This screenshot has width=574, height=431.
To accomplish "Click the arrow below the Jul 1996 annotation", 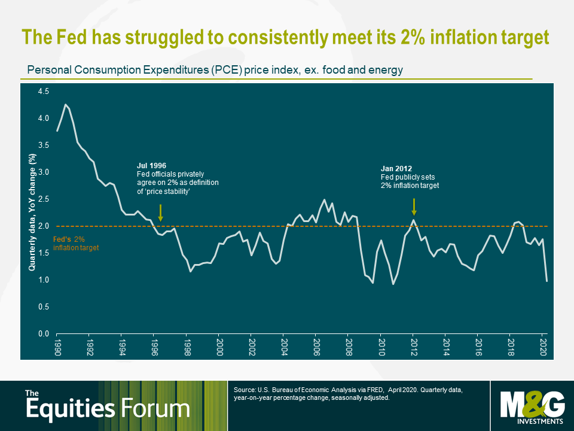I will (160, 213).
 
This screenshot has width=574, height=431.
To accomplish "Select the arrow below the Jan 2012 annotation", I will (414, 207).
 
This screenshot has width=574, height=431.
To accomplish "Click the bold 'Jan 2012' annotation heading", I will (396, 168).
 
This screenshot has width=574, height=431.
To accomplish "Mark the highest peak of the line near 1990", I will (66, 105).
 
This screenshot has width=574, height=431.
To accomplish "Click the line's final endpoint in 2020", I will (547, 281).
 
